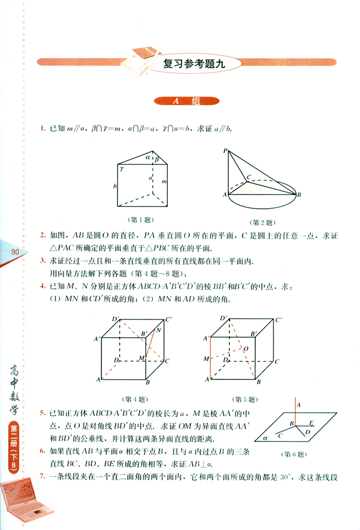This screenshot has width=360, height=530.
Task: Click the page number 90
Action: (14, 253)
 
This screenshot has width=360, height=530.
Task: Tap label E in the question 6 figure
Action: (311, 423)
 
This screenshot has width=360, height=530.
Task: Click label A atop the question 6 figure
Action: (300, 405)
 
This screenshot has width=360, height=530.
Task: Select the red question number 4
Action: (42, 286)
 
